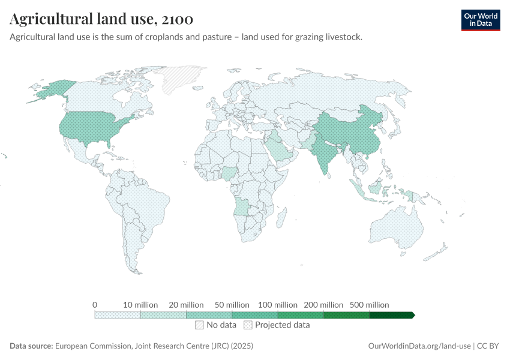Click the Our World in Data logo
(480, 20)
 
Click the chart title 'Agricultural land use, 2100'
(101, 20)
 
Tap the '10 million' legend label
(140, 305)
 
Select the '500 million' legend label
(369, 305)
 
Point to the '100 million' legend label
(277, 305)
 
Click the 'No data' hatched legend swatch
(199, 325)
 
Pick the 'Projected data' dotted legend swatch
(248, 325)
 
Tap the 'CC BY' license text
(488, 346)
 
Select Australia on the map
(397, 228)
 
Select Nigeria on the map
(230, 175)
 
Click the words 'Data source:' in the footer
(31, 346)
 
